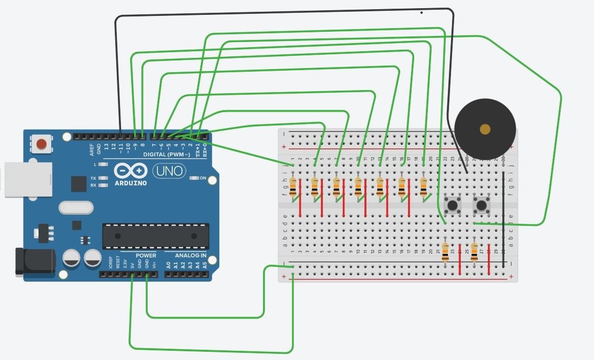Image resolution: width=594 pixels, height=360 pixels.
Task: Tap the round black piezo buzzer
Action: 484,130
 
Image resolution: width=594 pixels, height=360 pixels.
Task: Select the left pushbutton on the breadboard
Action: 452,206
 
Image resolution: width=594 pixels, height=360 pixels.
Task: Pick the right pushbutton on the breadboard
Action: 481,206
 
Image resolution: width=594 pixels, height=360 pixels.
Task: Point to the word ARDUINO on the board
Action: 131,183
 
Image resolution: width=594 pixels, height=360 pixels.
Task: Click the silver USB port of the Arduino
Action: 28,179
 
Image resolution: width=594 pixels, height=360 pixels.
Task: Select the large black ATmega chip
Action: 155,236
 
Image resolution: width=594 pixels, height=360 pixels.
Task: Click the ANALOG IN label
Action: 190,256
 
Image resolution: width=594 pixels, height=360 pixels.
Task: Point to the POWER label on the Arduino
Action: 146,256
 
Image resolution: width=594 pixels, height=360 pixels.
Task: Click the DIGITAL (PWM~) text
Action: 166,155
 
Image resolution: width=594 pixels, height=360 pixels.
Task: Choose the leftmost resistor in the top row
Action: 293,187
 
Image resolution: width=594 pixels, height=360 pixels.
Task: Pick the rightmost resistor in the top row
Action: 423,187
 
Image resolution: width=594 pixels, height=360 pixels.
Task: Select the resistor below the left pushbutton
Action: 445,252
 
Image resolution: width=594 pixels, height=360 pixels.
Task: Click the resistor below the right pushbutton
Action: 474,252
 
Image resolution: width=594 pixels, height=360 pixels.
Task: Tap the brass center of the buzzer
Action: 485,129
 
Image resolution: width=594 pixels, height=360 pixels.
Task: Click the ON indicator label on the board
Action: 202,178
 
